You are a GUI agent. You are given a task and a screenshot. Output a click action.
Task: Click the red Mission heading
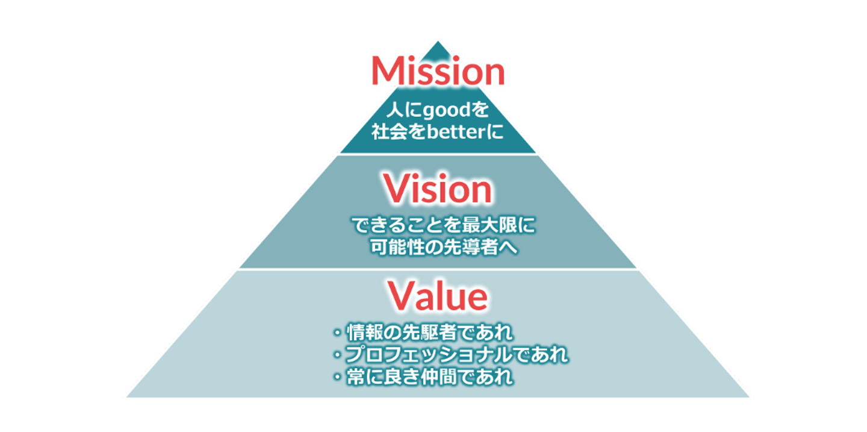[x=438, y=71]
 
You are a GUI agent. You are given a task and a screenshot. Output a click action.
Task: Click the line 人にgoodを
[x=438, y=111]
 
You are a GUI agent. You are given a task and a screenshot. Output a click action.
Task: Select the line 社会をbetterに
[x=438, y=131]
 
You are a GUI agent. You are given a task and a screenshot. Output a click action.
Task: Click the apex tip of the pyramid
[x=438, y=43]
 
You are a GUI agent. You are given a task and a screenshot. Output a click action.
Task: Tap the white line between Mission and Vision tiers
[x=438, y=154]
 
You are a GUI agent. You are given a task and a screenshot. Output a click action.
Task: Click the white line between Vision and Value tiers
[x=438, y=269]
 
